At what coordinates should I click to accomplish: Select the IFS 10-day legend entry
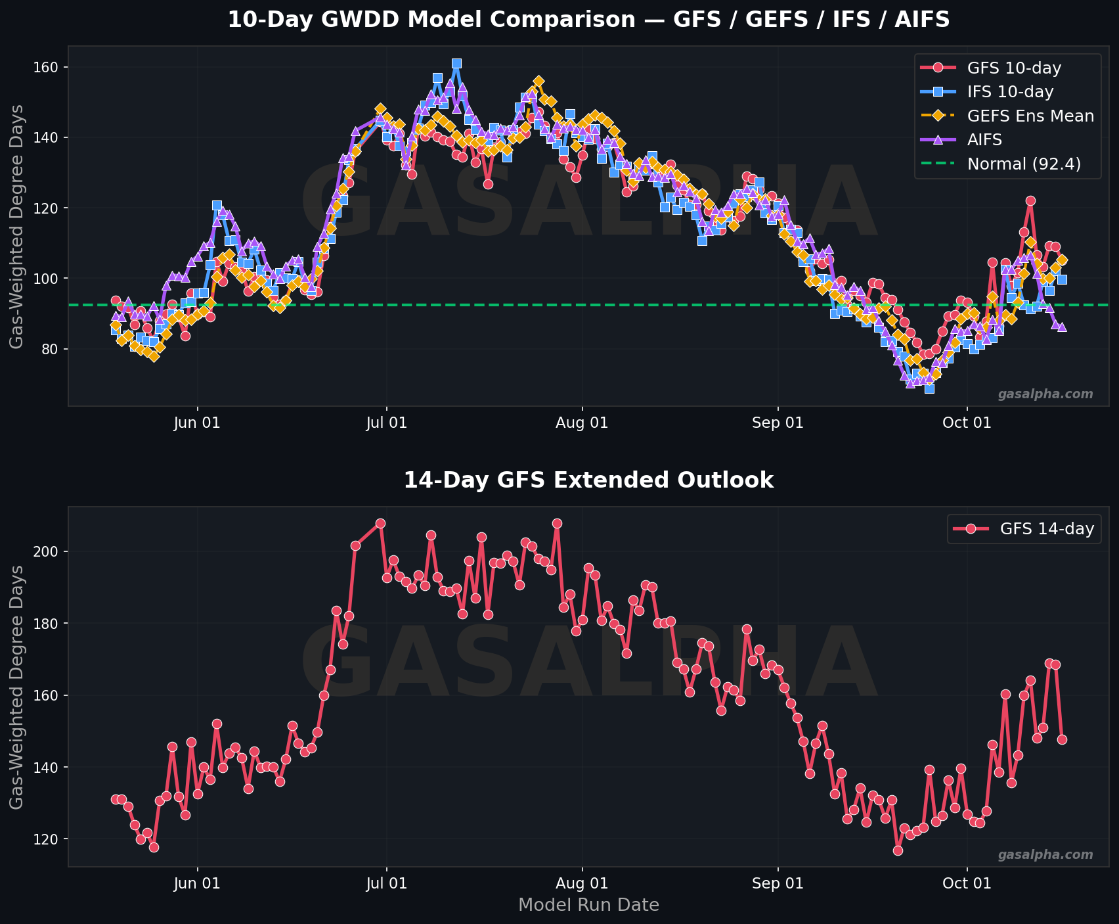1005,91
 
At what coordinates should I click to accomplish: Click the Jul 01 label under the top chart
386,423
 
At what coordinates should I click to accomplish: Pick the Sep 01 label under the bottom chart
778,883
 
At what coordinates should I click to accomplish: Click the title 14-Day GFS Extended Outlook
588,480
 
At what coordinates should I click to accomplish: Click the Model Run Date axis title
588,905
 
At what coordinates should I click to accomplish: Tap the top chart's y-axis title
18,227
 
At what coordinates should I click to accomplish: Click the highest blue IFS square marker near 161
456,64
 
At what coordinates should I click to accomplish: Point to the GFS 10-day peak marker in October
1030,201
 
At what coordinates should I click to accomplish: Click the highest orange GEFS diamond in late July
538,81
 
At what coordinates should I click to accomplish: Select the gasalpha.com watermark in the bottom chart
1045,855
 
